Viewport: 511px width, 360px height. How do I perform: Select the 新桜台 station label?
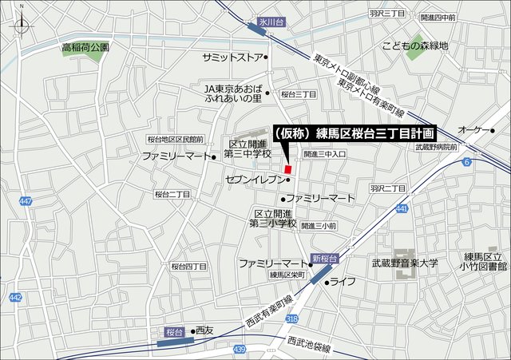point(325,259)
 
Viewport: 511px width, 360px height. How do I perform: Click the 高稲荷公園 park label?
point(85,48)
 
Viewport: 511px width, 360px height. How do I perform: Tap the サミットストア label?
point(232,57)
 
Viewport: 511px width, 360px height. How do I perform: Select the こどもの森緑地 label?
point(415,45)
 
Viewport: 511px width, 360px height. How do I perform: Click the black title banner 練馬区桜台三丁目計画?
point(355,133)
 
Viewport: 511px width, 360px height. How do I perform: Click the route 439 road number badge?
point(240,349)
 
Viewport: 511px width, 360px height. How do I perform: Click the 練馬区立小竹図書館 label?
point(485,263)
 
